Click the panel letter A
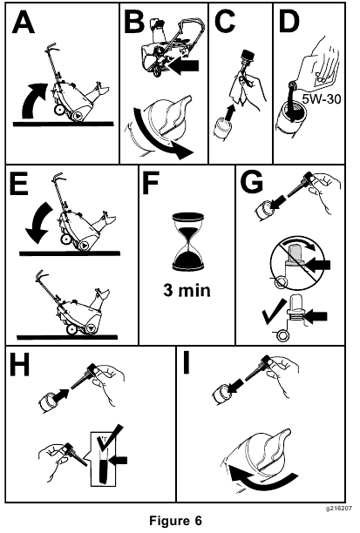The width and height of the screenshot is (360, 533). pos(24,23)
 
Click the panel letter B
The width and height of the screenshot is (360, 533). pos(134,23)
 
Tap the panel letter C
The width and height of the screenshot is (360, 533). pos(225,23)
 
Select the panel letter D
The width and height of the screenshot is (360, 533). pos(289,23)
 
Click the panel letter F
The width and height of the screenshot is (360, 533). pos(151,184)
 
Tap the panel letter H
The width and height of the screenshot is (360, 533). pos(19,365)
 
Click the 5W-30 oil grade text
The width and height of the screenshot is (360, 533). pos(322,99)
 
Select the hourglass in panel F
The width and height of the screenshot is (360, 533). pos(187,242)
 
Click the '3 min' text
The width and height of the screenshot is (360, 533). pos(187,291)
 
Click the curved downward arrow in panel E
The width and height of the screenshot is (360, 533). pos(39,223)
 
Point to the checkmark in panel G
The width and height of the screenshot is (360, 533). pos(275,312)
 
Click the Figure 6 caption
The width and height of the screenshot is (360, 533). pos(175,521)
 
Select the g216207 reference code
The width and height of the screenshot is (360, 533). pos(338,509)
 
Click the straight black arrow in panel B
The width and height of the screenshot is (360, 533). pos(183,65)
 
